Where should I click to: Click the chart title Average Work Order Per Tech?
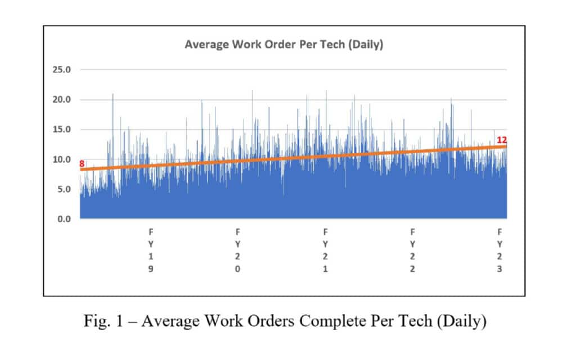pyautogui.click(x=283, y=45)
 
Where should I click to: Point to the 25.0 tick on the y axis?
pyautogui.click(x=62, y=70)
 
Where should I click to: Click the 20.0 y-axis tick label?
pyautogui.click(x=62, y=100)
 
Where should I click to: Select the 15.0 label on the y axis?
pyautogui.click(x=62, y=129)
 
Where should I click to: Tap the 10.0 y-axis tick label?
pyautogui.click(x=62, y=159)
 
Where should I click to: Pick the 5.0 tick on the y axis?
pyautogui.click(x=64, y=189)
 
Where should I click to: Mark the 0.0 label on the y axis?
pyautogui.click(x=64, y=219)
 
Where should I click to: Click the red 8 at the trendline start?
pyautogui.click(x=82, y=164)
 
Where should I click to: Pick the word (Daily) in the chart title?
pyautogui.click(x=366, y=45)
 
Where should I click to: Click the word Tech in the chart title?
pyautogui.click(x=334, y=45)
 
